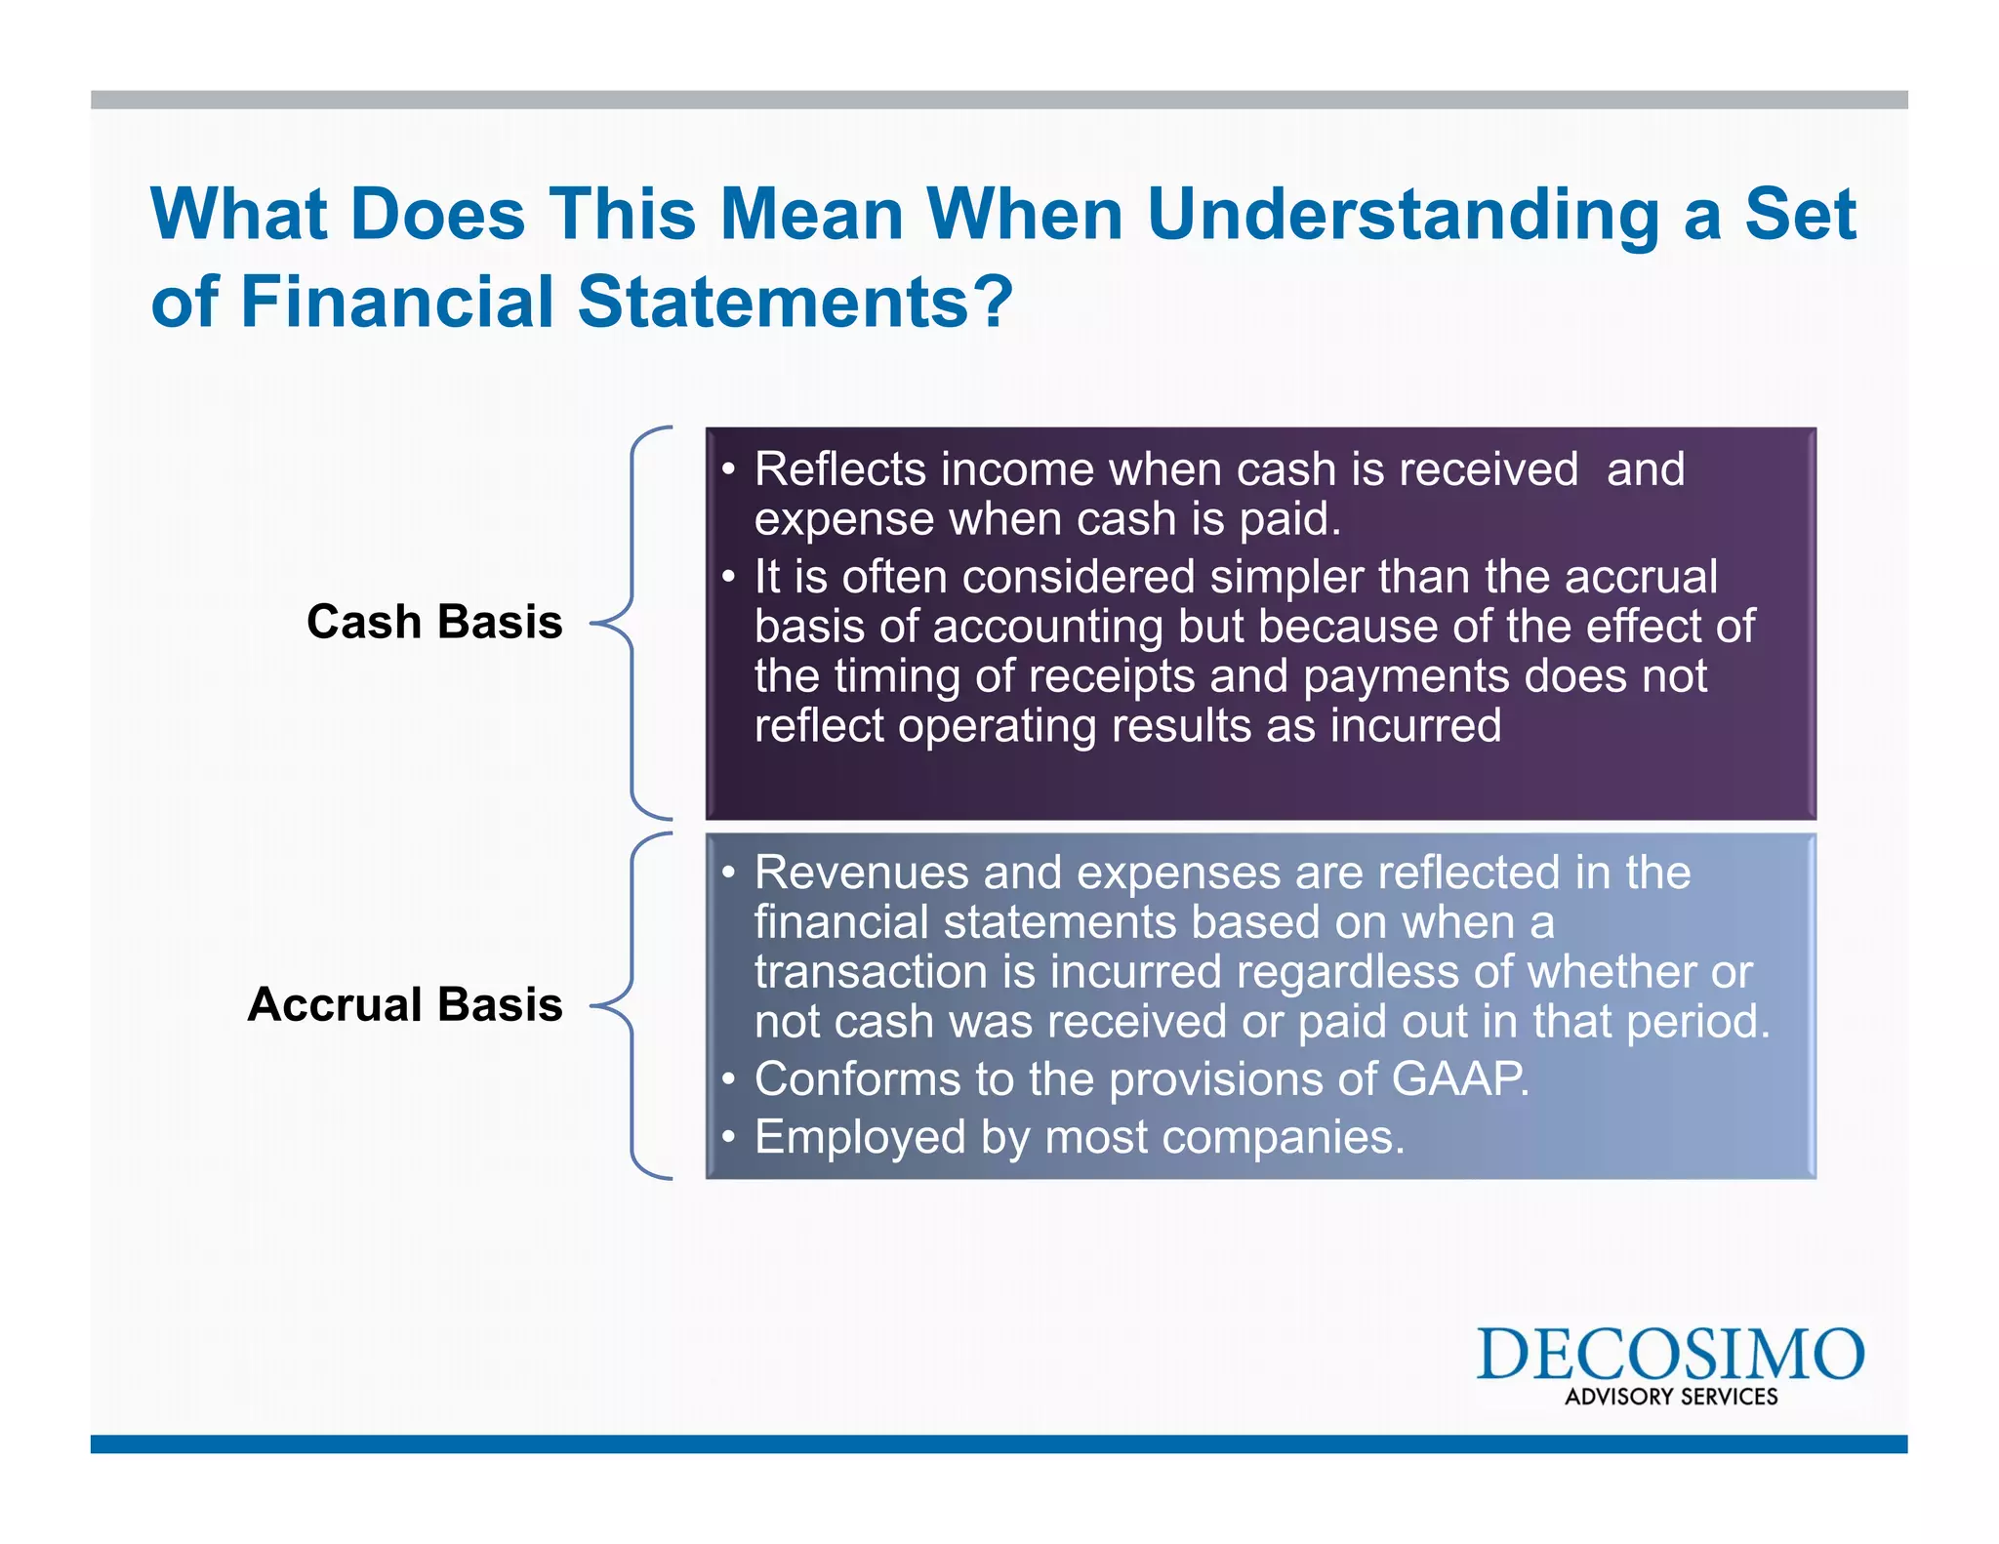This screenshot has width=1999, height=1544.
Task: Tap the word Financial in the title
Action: (x=396, y=302)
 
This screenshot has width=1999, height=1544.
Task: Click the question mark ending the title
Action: (x=994, y=302)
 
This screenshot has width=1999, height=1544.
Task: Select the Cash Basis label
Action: (x=434, y=622)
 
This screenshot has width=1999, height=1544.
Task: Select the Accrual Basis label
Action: (x=405, y=1004)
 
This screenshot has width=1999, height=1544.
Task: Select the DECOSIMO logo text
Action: (x=1670, y=1355)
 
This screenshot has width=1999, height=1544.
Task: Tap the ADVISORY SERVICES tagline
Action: (x=1671, y=1397)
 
